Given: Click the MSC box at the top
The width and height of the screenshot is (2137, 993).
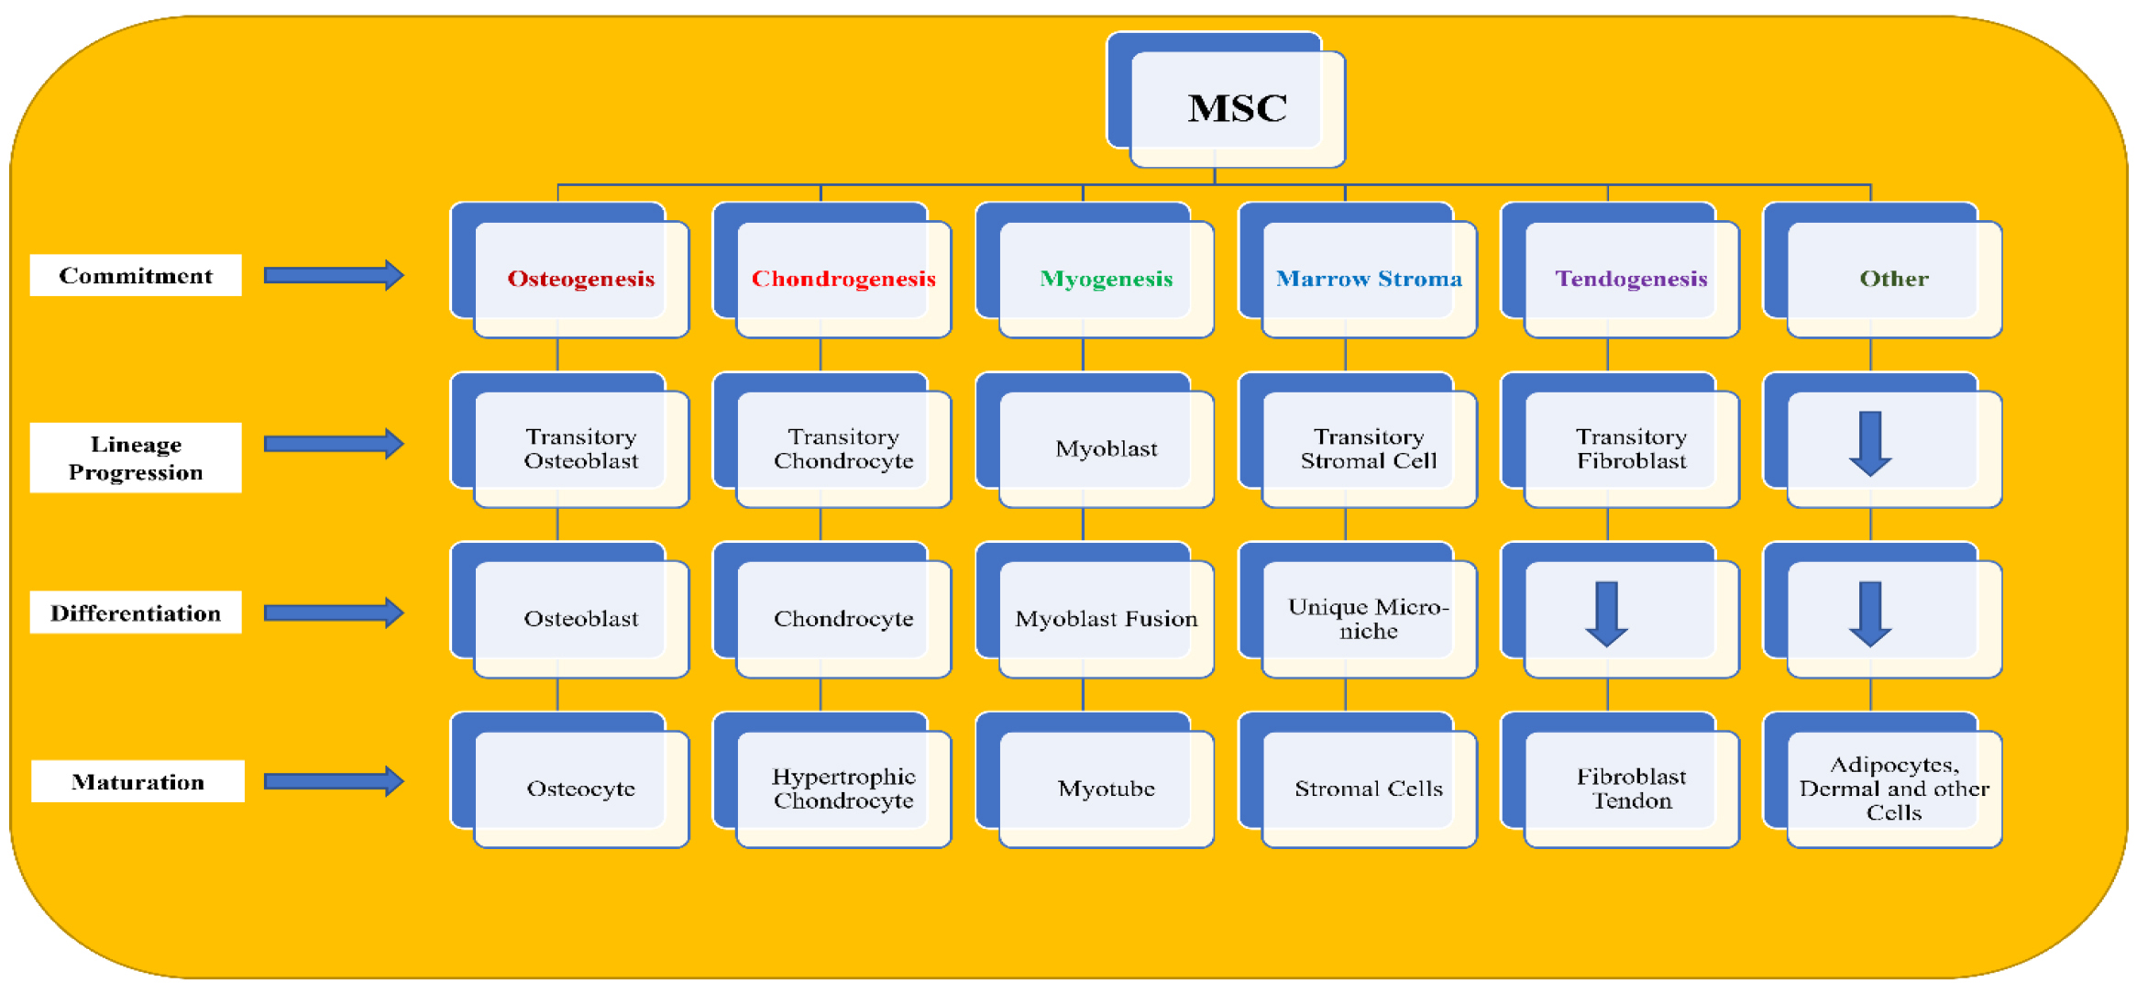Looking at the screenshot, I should pyautogui.click(x=1237, y=108).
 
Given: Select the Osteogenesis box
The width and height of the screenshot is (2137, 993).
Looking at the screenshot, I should pyautogui.click(x=581, y=279).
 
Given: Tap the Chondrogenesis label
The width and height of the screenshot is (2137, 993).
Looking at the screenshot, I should pyautogui.click(x=843, y=279).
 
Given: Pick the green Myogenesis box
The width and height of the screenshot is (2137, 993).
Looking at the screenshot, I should pyautogui.click(x=1106, y=279).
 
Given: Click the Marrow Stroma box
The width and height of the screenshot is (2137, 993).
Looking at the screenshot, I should pyautogui.click(x=1369, y=279).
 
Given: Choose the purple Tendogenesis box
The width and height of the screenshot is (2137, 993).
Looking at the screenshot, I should pyautogui.click(x=1631, y=279).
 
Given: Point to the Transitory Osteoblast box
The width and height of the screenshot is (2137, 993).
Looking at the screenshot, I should pyautogui.click(x=581, y=448).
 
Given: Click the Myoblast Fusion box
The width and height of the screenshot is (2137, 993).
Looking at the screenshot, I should pyautogui.click(x=1106, y=619).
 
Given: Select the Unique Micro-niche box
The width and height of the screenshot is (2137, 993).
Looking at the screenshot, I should pyautogui.click(x=1369, y=619).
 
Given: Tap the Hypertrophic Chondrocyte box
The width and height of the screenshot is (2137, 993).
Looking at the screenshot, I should pyautogui.click(x=843, y=789).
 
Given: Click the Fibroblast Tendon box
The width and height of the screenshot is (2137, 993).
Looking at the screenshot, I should pyautogui.click(x=1631, y=789).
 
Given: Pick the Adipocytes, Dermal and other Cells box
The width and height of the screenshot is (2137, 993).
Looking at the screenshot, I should pyautogui.click(x=1894, y=789).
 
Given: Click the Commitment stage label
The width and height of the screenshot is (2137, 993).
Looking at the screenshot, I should pyautogui.click(x=136, y=276).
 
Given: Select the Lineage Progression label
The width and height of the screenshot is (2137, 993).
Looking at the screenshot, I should pyautogui.click(x=136, y=458).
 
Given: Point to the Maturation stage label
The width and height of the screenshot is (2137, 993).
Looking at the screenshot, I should pyautogui.click(x=138, y=782).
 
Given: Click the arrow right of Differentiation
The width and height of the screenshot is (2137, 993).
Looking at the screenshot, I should pyautogui.click(x=334, y=612).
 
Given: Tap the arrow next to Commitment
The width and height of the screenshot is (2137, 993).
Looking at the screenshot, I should pyautogui.click(x=334, y=275).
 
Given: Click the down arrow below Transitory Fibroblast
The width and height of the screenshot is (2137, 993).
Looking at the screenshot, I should pyautogui.click(x=1606, y=613).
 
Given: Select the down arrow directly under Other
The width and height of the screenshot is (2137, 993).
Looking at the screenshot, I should pyautogui.click(x=1870, y=444).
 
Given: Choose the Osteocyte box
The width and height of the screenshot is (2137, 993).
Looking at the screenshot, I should pyautogui.click(x=581, y=789).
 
